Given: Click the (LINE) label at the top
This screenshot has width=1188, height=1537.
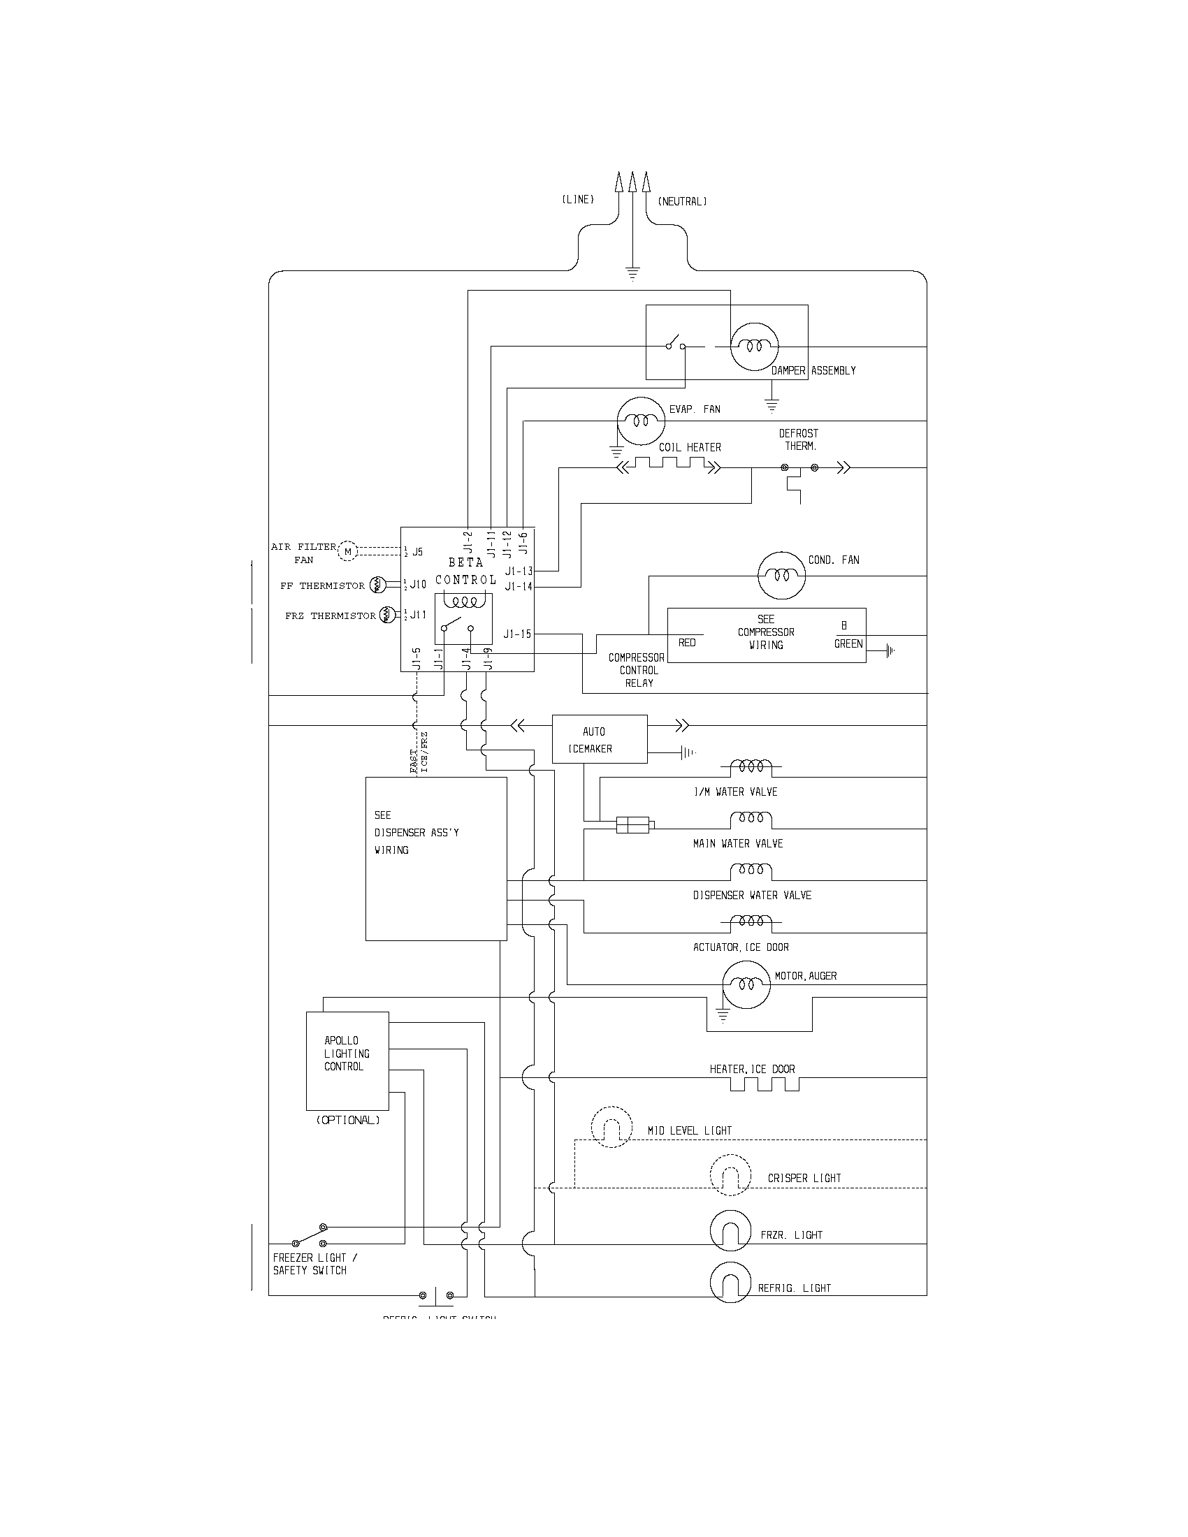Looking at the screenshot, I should pos(578,200).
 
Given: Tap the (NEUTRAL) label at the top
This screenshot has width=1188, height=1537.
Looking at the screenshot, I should pos(682,202).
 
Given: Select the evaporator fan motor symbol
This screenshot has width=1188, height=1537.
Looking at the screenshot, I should pos(640,421).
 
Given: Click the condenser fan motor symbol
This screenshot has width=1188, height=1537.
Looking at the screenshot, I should pos(781,575).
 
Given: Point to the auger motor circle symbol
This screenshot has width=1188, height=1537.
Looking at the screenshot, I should pos(747,984).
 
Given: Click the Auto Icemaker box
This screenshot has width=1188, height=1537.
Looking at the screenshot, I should pos(599,740).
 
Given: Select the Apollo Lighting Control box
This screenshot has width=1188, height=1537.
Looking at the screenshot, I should pos(347,1061).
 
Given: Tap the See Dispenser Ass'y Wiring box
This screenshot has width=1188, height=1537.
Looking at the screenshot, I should pos(435,859).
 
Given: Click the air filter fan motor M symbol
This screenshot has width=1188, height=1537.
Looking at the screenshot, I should pos(348,551).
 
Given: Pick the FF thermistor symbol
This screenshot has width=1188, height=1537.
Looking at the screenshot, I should pos(377,584).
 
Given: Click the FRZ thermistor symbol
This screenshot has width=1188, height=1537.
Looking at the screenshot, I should pos(387,615).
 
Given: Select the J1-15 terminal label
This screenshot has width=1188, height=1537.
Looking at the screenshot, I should pos(517,634).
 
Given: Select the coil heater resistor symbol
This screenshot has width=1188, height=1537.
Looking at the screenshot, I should pos(669,465).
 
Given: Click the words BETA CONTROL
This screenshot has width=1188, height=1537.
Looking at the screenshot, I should pos(465,571).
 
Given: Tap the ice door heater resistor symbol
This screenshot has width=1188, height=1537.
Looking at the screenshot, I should pos(765,1084).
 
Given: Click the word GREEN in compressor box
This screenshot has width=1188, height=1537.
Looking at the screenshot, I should pos(848,643).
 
